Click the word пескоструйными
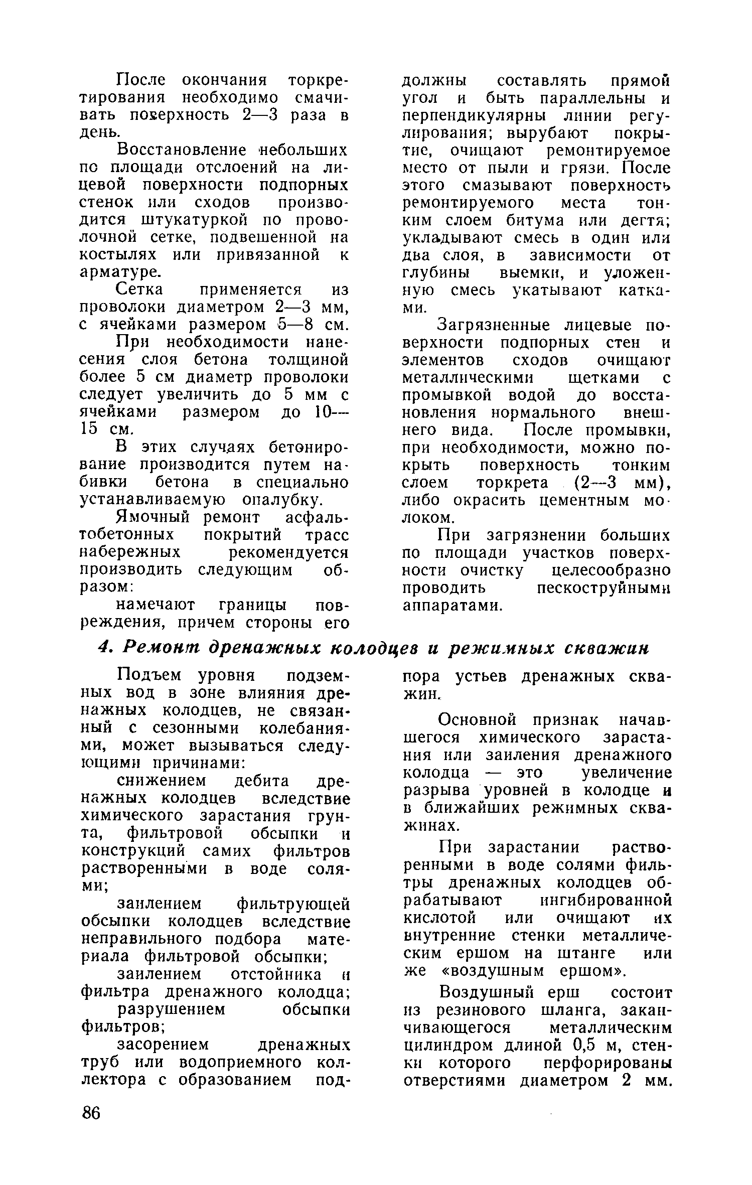coord(604,587)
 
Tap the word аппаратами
coord(452,606)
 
